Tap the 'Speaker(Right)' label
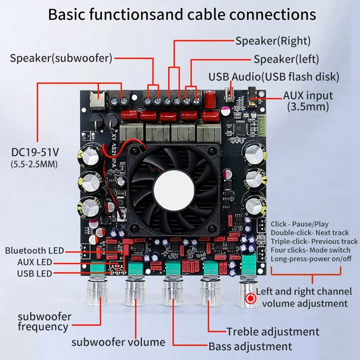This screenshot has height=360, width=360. tap(273, 41)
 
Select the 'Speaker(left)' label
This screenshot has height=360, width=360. tap(286, 59)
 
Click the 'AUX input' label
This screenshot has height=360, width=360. tap(308, 95)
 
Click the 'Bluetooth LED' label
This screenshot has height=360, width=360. tap(35, 250)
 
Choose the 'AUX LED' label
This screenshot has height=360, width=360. tap(35, 262)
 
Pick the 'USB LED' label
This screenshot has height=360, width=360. tap(35, 274)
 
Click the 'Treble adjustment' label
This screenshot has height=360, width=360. tap(273, 332)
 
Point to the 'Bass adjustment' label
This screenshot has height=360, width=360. tap(250, 346)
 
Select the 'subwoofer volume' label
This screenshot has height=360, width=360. tap(118, 342)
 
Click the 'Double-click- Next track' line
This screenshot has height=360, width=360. tap(309, 233)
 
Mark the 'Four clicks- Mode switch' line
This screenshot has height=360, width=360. tap(310, 250)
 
